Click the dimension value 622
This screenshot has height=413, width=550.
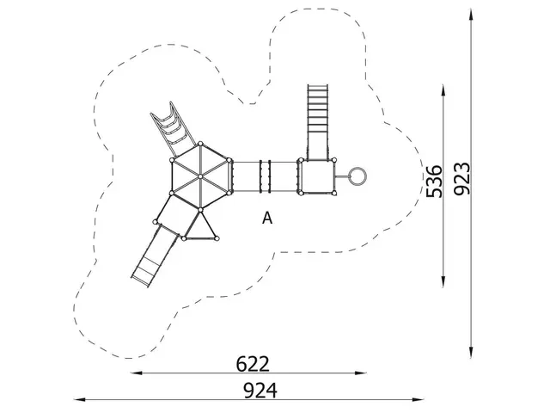253,363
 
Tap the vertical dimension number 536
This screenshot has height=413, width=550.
435,180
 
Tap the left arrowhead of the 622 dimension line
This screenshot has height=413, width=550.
134,374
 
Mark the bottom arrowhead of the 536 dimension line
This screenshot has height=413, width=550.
444,283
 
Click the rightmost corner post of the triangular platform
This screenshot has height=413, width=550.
219,237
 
